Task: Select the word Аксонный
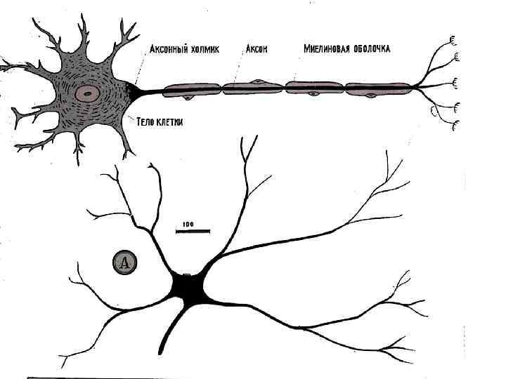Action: (x=172, y=50)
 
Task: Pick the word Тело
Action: (x=145, y=121)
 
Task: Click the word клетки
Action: (x=170, y=121)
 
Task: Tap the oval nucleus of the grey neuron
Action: (x=88, y=93)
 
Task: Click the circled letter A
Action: (x=124, y=263)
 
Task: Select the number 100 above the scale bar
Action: (x=188, y=225)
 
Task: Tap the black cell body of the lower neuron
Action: (x=188, y=288)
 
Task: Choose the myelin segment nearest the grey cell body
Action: (x=192, y=90)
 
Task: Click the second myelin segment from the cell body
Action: (x=253, y=88)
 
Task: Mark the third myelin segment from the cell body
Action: (x=314, y=88)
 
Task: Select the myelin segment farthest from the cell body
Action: (x=378, y=89)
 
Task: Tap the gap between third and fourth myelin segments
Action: (x=345, y=88)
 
